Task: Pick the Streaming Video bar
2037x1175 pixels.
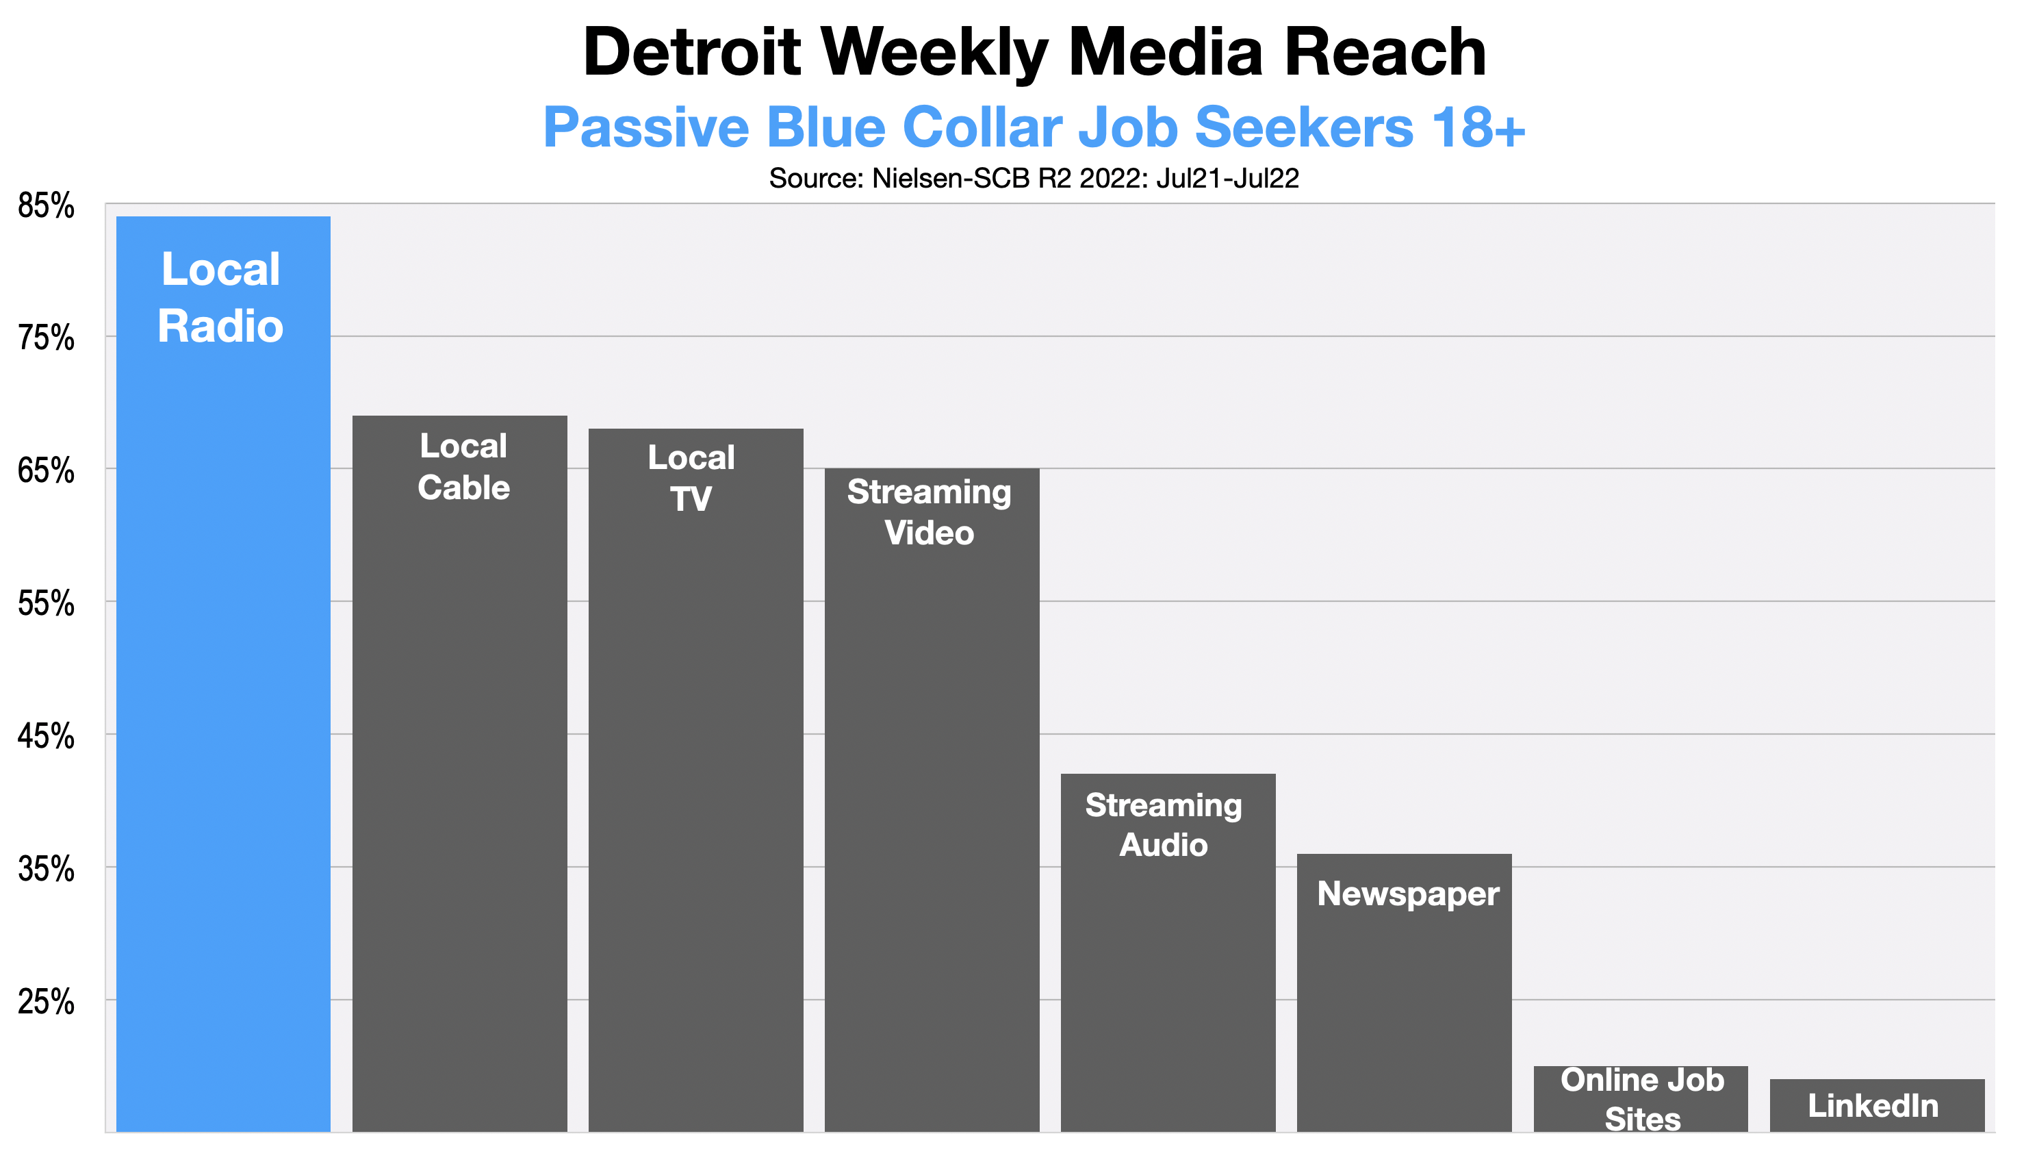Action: click(931, 799)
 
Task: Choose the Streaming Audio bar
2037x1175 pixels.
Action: click(1167, 952)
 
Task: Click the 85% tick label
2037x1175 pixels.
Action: click(46, 207)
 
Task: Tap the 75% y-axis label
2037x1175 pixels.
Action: click(46, 339)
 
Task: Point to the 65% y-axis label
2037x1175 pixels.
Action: click(46, 471)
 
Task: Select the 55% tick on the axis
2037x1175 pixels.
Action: click(46, 605)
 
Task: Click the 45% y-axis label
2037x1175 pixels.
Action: click(46, 737)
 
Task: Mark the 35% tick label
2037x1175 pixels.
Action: click(46, 870)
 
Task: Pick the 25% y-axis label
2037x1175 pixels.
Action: click(46, 1002)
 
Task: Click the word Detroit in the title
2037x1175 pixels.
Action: click(692, 53)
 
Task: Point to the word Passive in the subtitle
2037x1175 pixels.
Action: click(646, 127)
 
